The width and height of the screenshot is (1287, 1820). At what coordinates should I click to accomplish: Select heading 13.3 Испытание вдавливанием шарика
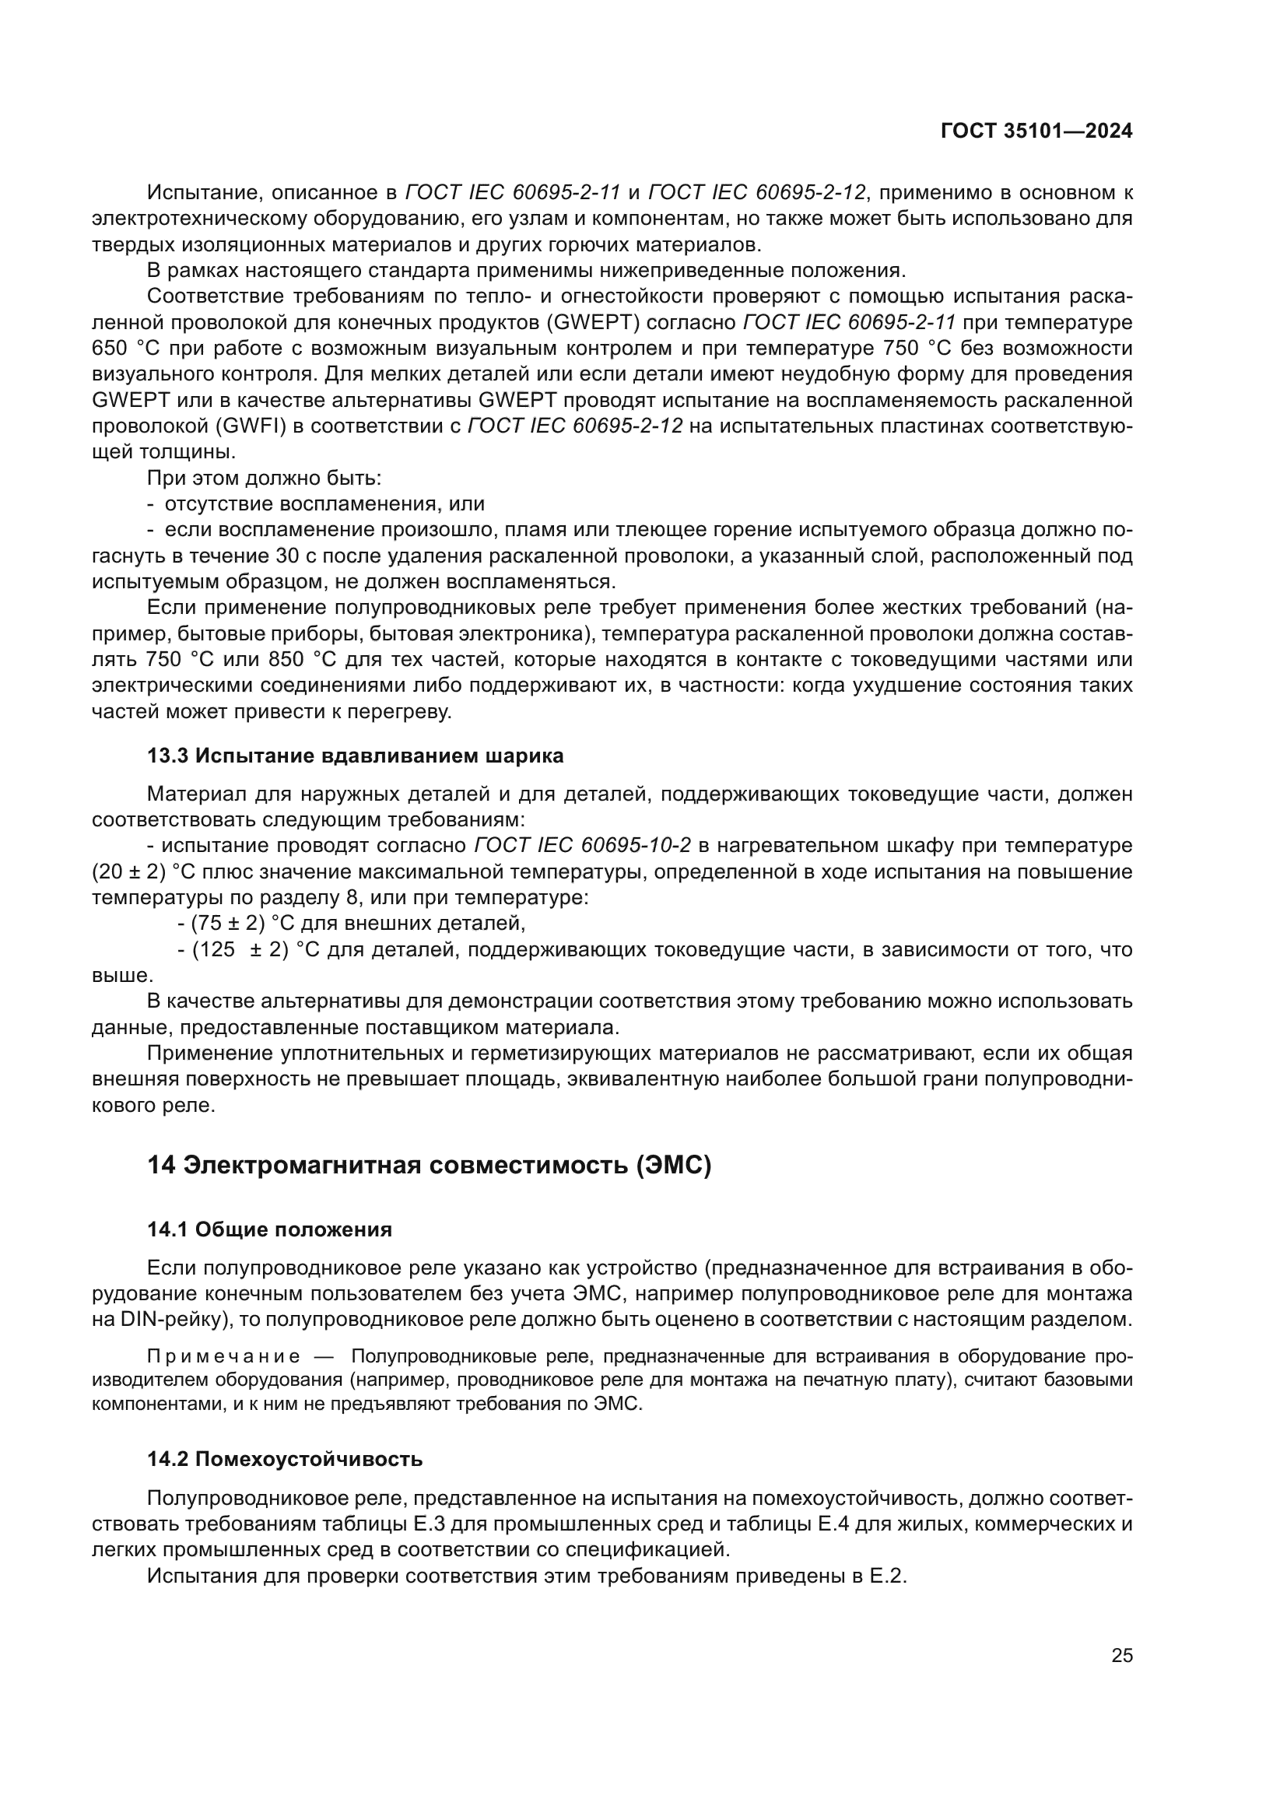click(x=355, y=756)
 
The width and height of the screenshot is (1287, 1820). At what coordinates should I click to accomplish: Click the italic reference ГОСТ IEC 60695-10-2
click(x=583, y=846)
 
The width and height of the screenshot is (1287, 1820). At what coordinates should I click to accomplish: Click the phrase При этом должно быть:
click(x=264, y=478)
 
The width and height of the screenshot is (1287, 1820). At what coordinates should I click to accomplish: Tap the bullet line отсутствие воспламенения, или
click(x=324, y=504)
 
